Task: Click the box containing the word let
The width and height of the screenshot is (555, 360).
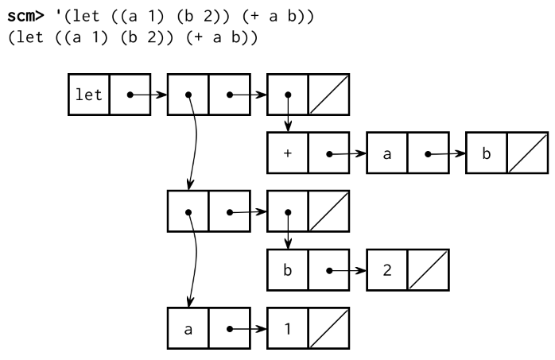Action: (x=88, y=95)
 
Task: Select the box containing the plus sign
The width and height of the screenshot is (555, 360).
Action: (x=287, y=153)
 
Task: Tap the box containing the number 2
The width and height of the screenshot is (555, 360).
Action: (x=386, y=270)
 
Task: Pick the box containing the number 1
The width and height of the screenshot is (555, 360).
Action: (x=287, y=329)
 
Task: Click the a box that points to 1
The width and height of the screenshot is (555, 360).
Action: (x=188, y=329)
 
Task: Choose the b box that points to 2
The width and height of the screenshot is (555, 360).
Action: (x=287, y=270)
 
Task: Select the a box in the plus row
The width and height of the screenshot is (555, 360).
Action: (x=386, y=153)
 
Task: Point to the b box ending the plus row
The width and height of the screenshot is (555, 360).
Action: (x=486, y=153)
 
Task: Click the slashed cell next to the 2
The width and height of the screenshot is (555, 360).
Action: (x=427, y=270)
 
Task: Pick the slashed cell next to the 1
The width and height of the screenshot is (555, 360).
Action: (x=327, y=329)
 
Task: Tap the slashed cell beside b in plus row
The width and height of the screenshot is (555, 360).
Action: (x=526, y=153)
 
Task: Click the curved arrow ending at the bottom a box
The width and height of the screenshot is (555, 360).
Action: (x=194, y=262)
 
